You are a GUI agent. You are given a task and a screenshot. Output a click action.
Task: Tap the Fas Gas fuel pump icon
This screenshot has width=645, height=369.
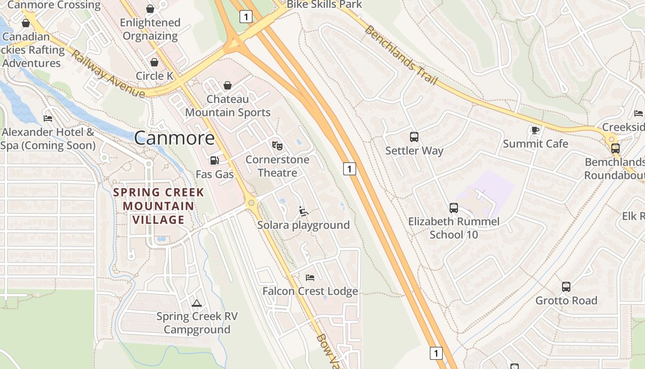214,161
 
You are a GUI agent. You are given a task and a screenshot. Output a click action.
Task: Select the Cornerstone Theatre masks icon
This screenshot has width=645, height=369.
277,146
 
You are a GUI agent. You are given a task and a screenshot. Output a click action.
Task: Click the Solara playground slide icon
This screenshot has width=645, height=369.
303,211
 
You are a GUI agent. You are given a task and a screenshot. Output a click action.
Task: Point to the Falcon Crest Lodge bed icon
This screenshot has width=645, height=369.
310,277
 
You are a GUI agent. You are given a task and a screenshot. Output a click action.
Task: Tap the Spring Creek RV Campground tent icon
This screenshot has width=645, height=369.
197,303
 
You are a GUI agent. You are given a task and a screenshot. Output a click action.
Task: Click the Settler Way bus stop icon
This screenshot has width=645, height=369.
414,137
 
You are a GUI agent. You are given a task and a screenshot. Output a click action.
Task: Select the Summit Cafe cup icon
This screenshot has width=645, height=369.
535,130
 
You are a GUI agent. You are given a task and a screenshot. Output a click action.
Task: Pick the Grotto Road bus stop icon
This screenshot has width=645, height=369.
566,287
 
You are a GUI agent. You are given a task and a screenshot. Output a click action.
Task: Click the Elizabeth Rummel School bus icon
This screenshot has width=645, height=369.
454,208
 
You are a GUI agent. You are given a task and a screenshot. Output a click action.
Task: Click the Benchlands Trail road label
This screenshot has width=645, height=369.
401,55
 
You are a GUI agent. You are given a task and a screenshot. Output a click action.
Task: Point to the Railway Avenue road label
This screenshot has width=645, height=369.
107,74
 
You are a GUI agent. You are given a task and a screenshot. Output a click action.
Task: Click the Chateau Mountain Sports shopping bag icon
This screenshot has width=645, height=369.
227,85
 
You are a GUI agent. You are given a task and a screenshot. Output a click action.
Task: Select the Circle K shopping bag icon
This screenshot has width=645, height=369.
154,62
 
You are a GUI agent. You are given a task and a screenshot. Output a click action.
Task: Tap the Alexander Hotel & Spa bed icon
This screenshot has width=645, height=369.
48,118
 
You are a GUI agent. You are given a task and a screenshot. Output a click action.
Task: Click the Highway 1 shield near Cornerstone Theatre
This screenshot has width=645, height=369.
349,169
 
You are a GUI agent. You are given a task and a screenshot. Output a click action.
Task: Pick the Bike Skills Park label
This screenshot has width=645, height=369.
324,5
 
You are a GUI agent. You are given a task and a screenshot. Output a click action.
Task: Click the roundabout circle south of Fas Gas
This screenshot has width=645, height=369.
251,202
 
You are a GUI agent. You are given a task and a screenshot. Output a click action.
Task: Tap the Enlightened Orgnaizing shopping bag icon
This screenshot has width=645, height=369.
150,9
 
